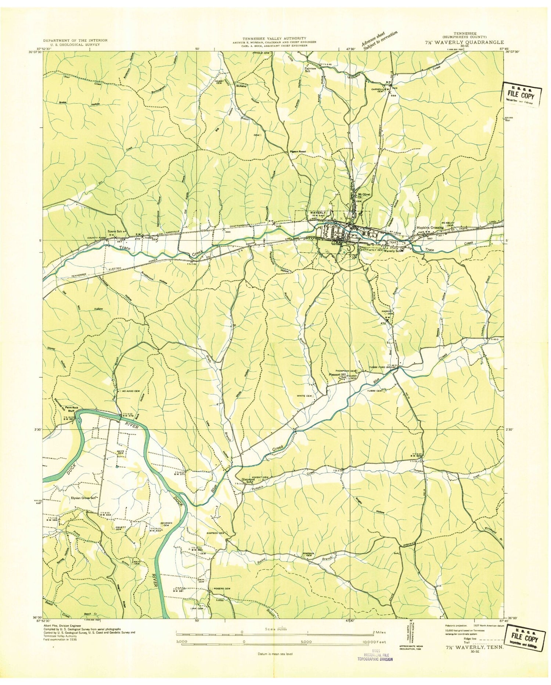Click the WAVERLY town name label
click(318, 213)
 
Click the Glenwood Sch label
click(248, 480)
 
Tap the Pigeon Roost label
click(298, 151)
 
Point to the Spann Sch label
click(116, 231)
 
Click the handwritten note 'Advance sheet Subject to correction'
click(379, 40)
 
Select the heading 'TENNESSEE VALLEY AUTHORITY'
click(274, 38)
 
